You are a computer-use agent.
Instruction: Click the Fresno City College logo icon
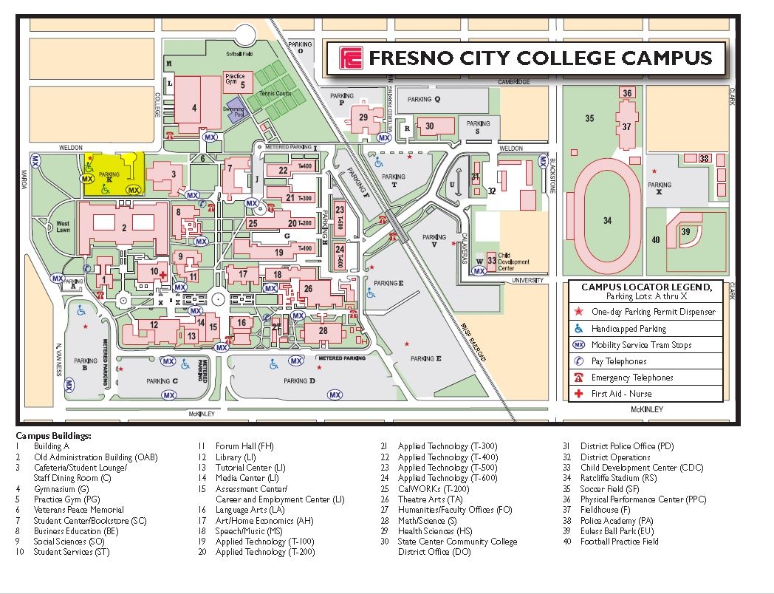pos(351,58)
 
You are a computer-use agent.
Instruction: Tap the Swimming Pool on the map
pos(238,113)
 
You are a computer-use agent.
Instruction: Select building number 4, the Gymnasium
pos(194,108)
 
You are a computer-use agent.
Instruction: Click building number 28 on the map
pos(323,331)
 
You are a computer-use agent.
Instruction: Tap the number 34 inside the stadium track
pos(607,220)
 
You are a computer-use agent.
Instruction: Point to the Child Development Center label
pos(513,262)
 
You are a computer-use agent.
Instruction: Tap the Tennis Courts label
pos(275,94)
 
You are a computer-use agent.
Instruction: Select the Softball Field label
pos(239,54)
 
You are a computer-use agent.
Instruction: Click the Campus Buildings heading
pos(53,436)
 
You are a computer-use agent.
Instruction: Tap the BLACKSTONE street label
pos(551,177)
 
